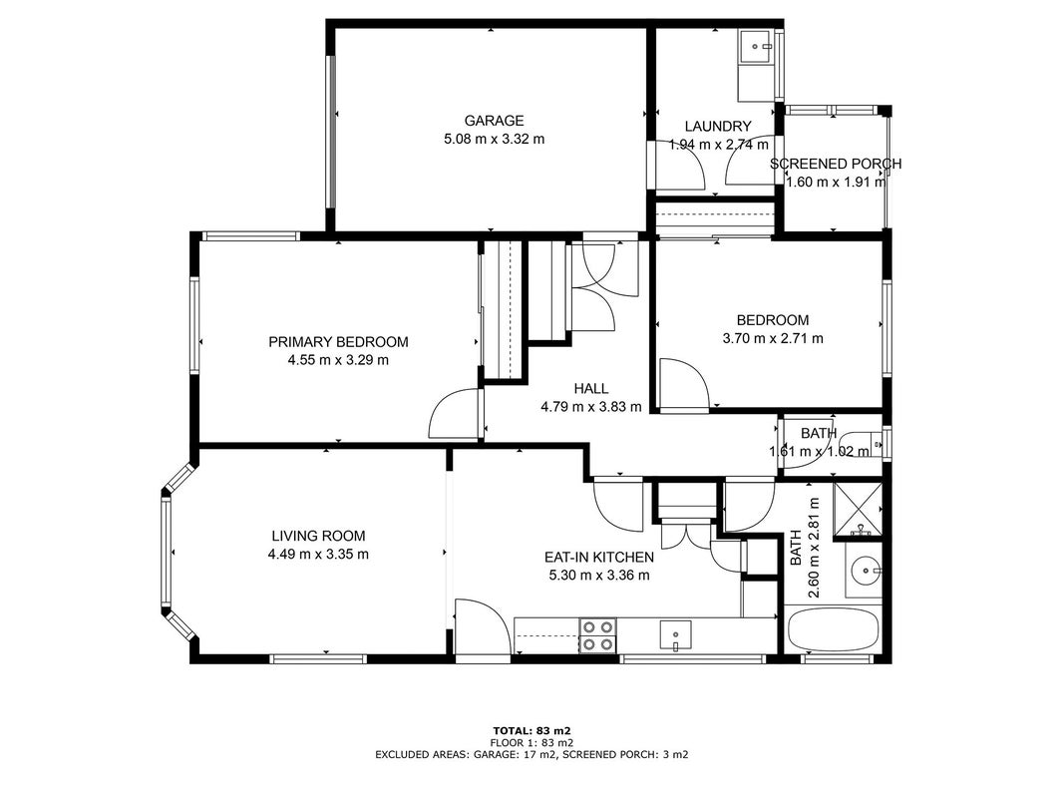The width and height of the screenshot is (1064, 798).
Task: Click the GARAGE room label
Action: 494,121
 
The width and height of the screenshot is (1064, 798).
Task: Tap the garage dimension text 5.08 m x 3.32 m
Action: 494,139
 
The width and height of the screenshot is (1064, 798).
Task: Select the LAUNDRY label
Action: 718,127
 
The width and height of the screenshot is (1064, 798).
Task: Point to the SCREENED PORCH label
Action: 836,164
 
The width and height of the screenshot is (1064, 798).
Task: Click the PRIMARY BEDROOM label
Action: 339,342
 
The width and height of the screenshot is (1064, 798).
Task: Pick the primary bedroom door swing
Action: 455,413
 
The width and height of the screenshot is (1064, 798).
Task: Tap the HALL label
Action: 591,389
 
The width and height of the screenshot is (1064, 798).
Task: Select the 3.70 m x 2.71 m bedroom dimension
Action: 773,338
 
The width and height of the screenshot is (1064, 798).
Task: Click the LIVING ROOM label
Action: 318,536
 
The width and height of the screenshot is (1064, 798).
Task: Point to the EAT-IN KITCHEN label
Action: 599,558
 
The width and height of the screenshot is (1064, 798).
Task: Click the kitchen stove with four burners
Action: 598,635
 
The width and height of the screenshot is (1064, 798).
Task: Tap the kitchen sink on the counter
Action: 676,635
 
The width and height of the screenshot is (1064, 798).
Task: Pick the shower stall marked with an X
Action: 858,509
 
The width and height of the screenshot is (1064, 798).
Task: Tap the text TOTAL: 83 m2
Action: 532,731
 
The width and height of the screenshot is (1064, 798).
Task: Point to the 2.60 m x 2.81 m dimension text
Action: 806,548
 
